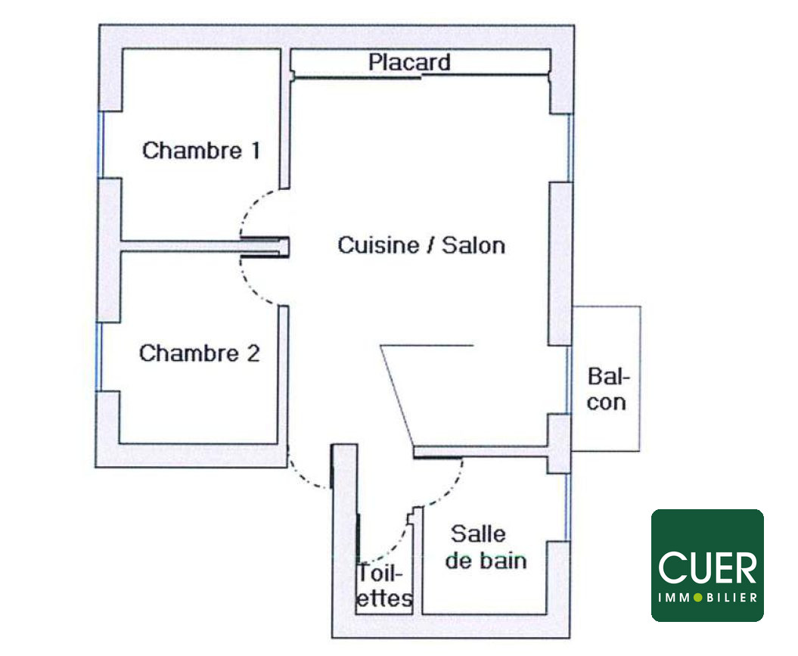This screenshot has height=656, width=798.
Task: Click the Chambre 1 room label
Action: (x=200, y=150)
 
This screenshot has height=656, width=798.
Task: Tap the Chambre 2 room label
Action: (x=199, y=353)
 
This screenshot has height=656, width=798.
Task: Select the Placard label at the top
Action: (x=409, y=62)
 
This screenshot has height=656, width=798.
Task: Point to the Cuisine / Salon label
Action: (x=421, y=245)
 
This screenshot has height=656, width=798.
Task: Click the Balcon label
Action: (x=607, y=389)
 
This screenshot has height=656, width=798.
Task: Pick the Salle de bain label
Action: (x=485, y=547)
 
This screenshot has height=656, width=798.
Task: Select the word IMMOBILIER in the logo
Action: (x=707, y=598)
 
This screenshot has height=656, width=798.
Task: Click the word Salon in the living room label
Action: (x=474, y=245)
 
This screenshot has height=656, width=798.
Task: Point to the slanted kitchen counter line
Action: (x=396, y=393)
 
